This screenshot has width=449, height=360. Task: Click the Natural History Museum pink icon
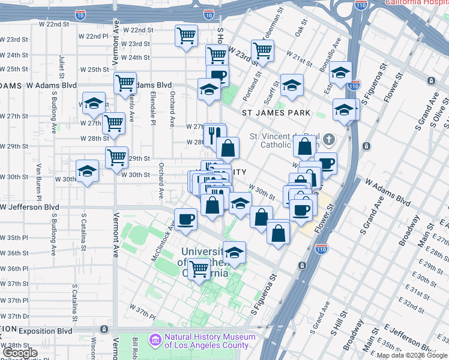click(156, 340)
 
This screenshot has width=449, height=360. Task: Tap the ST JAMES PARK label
click(276, 112)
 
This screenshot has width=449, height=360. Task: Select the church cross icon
click(328, 140)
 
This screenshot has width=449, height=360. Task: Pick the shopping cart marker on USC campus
click(199, 269)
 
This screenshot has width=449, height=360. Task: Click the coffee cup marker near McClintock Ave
click(185, 218)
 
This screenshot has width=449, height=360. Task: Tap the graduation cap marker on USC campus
click(234, 253)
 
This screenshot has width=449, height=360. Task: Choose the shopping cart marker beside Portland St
click(262, 51)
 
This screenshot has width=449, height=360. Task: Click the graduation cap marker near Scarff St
click(292, 85)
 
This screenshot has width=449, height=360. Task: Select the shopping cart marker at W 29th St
click(116, 158)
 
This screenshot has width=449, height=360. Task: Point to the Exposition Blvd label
click(45, 331)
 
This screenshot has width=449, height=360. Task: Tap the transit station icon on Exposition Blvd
click(104, 329)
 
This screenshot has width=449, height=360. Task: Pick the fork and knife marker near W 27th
click(214, 135)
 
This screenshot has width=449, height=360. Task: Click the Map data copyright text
click(412, 355)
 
